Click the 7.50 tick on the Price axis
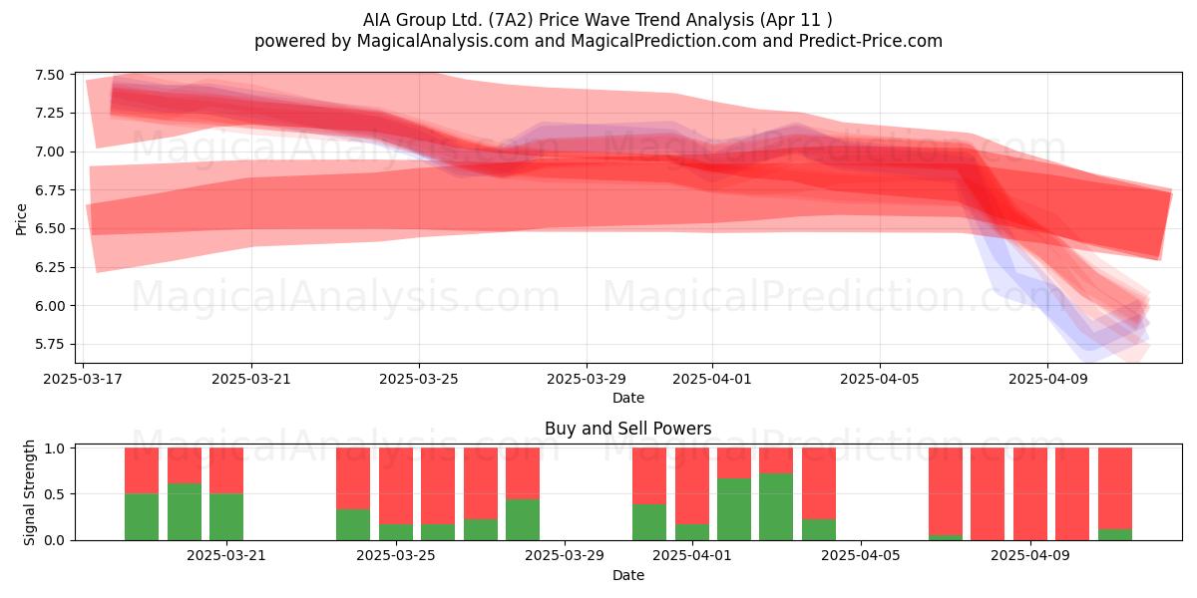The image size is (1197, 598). (x=49, y=75)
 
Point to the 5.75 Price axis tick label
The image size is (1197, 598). (x=49, y=345)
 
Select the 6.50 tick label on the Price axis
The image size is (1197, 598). (x=49, y=228)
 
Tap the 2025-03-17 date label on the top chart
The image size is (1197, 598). (x=83, y=379)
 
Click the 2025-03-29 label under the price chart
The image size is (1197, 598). (x=587, y=379)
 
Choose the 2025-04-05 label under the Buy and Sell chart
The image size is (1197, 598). (x=860, y=556)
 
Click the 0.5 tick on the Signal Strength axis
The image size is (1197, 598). (x=55, y=494)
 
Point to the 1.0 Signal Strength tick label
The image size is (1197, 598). (x=55, y=448)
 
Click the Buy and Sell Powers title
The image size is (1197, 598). (x=627, y=429)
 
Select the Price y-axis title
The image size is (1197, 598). (x=21, y=219)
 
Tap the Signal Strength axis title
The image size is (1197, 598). (x=29, y=492)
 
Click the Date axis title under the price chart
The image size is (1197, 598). (x=628, y=398)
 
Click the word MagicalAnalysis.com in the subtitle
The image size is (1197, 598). (x=443, y=41)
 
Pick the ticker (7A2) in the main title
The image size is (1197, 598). (x=511, y=20)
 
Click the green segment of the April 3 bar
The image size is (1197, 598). (x=776, y=506)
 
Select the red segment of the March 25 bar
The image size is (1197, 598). (x=396, y=486)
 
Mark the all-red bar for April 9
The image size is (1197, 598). (x=1030, y=494)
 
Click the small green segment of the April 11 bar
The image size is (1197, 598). (x=1115, y=534)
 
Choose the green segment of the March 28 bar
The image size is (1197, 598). (x=523, y=519)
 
